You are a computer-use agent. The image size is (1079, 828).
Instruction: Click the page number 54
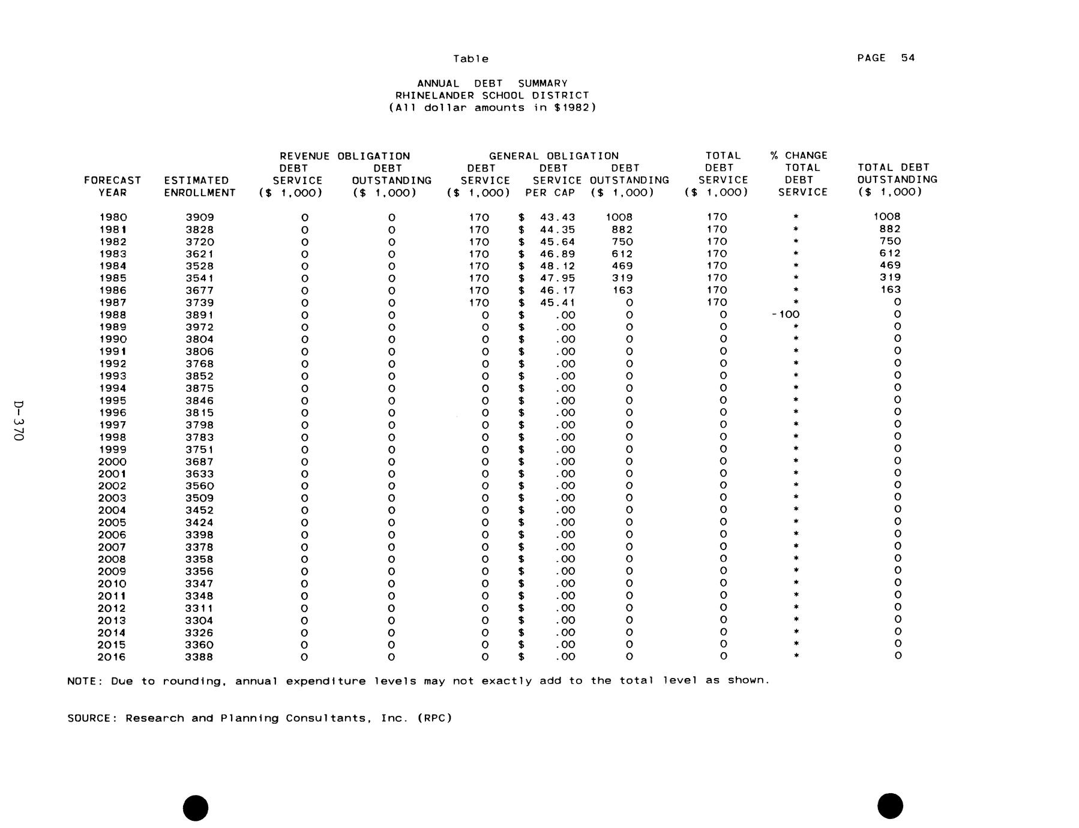click(x=907, y=58)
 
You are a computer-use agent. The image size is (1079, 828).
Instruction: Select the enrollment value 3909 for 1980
click(x=199, y=217)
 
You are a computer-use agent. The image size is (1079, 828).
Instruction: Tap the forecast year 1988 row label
click(x=112, y=315)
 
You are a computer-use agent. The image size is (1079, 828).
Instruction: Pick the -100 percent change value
click(x=786, y=314)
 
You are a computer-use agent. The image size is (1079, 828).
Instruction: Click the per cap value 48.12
click(x=558, y=266)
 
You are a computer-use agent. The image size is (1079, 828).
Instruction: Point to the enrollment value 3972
click(x=199, y=327)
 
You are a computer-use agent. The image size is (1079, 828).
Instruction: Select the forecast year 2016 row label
click(x=112, y=657)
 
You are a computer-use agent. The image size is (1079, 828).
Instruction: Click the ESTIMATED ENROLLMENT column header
click(x=199, y=187)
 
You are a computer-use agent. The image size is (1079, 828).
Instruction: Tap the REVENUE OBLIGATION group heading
click(x=344, y=156)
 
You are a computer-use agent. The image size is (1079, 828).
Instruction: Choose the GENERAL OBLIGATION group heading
click(x=553, y=156)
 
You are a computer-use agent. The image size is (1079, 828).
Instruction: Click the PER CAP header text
click(x=550, y=193)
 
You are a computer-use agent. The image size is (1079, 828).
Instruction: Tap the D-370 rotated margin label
click(x=19, y=421)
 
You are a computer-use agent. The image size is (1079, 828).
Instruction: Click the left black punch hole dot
click(x=196, y=808)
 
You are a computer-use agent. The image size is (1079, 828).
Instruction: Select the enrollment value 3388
click(x=199, y=657)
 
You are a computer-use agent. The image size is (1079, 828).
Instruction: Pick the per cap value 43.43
click(x=558, y=217)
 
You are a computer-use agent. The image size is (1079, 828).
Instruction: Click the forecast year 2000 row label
click(x=112, y=461)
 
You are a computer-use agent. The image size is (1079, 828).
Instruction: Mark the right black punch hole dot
click(x=889, y=806)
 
